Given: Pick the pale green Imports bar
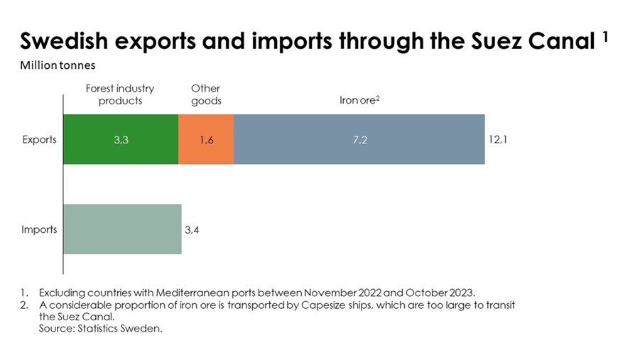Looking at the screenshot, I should (122, 229).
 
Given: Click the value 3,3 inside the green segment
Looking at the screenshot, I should (121, 140).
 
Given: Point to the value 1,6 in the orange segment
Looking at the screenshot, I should (206, 140).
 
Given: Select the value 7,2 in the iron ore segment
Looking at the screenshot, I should (359, 140).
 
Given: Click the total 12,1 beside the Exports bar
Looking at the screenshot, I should (497, 139).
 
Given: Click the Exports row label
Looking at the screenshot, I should (39, 139).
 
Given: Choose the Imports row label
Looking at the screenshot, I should (39, 230).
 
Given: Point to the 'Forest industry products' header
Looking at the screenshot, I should (120, 94).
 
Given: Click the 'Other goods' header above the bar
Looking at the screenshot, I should (206, 94).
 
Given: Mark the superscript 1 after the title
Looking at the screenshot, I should (605, 37).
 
